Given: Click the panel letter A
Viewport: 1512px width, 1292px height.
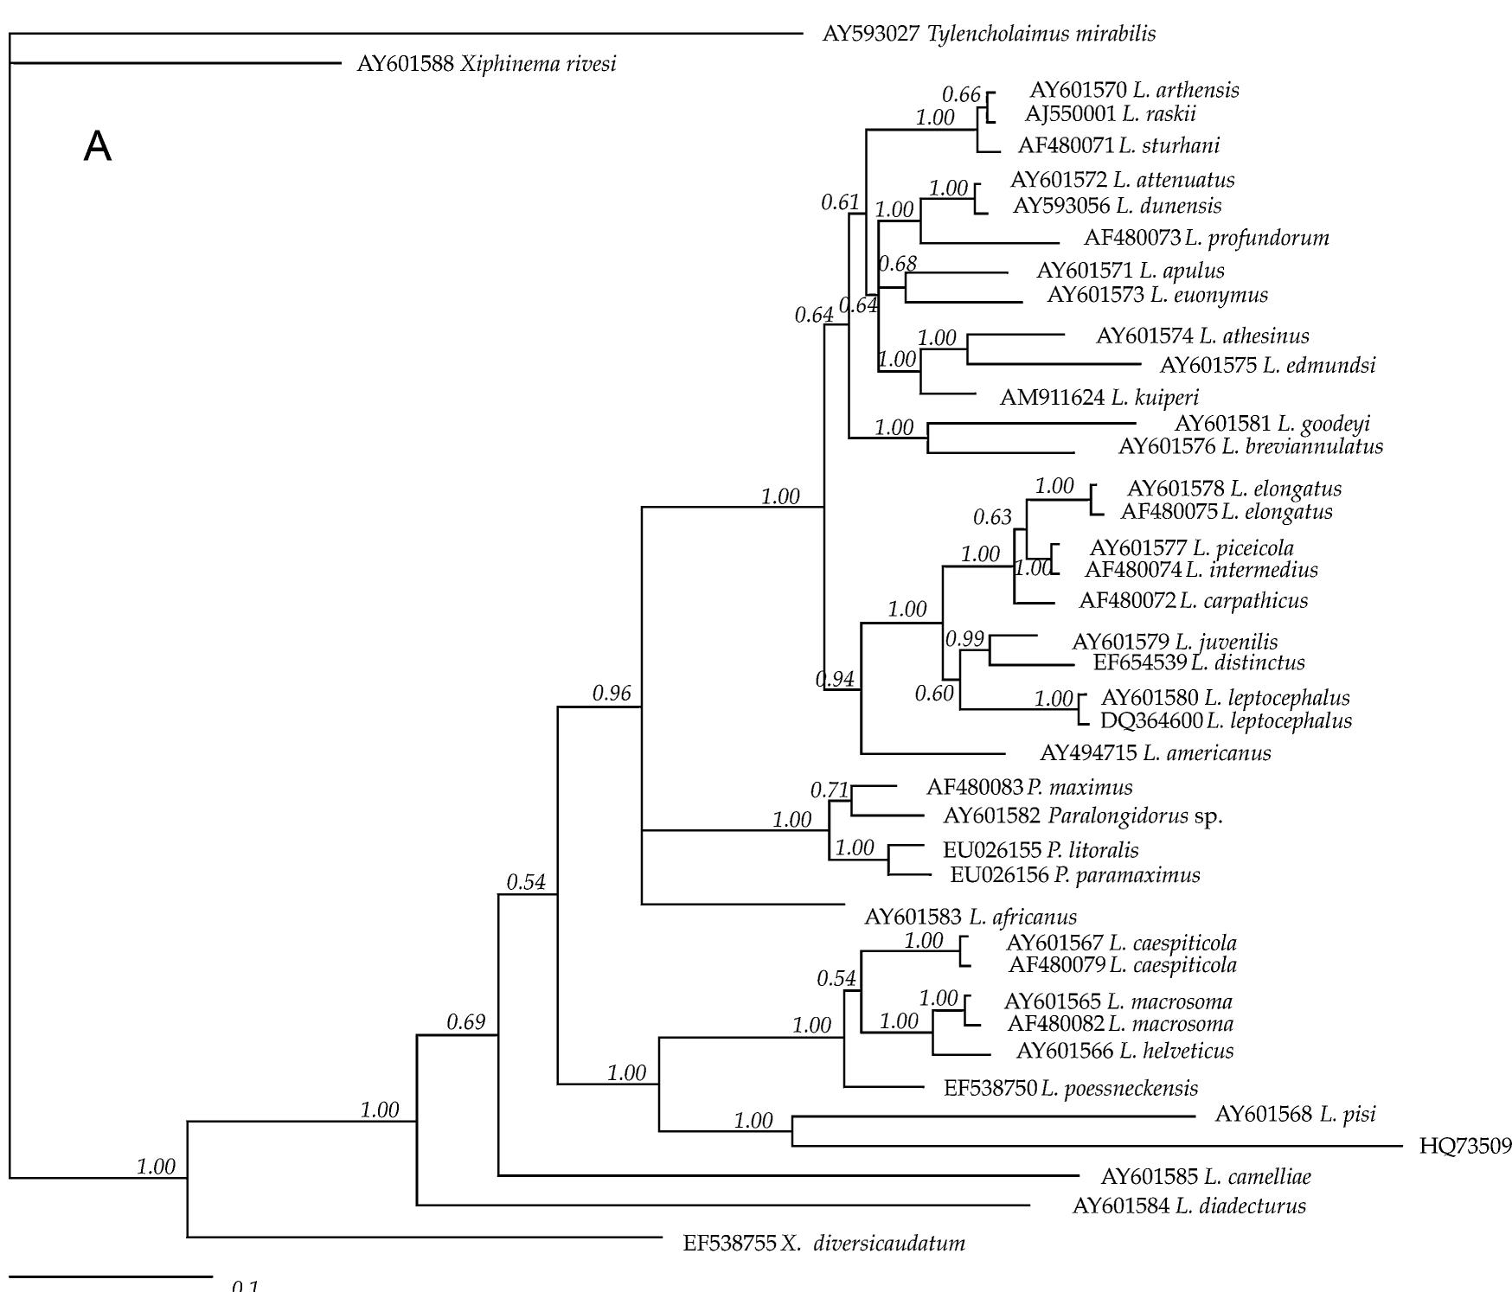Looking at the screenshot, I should coord(98,147).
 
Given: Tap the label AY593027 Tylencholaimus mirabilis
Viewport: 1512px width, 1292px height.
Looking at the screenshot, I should coord(989,35).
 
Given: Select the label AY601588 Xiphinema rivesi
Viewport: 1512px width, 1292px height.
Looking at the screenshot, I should coord(486,64).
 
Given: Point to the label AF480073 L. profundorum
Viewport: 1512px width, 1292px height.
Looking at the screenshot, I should coord(1206,238).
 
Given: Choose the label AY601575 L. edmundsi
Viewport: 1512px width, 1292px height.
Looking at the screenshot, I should coord(1267,365).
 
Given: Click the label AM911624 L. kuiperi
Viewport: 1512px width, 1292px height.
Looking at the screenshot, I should coord(1099,398).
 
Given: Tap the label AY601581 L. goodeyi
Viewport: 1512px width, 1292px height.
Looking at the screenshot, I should coord(1272,424).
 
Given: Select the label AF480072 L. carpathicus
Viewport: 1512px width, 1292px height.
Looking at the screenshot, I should coord(1193,600).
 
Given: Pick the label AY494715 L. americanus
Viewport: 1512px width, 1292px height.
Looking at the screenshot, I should coord(1155,753).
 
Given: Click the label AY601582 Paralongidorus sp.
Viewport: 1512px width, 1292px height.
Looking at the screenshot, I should coord(1082,815).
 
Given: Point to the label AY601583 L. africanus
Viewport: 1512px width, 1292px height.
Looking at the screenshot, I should coord(971,917).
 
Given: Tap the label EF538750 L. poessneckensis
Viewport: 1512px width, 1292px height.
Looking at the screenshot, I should coord(1070,1088).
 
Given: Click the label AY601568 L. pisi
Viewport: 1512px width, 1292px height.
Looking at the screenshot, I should coord(1295,1114).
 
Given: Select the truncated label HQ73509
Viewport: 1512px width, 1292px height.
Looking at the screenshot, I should coord(1465,1147).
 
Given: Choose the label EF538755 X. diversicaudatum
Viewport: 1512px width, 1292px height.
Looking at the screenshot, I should coord(823,1244).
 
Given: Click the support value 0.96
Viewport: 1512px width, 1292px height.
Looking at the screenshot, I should coord(612,693).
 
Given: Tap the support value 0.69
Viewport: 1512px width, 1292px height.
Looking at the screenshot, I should coord(466,1022).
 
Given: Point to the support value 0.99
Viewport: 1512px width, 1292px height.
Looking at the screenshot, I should coord(964,639).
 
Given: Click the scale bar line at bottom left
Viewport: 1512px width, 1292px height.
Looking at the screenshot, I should coord(111,1276).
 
